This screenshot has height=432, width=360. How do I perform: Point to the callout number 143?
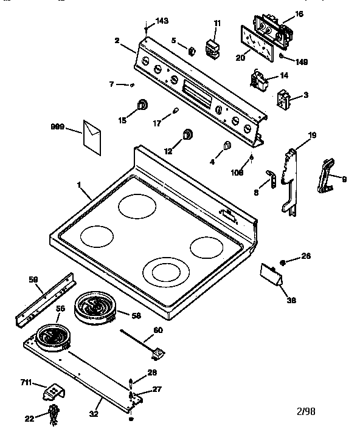click(x=161, y=21)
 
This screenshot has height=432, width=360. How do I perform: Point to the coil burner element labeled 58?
click(x=95, y=306)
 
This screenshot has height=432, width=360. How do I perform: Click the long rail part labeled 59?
click(x=45, y=301)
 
